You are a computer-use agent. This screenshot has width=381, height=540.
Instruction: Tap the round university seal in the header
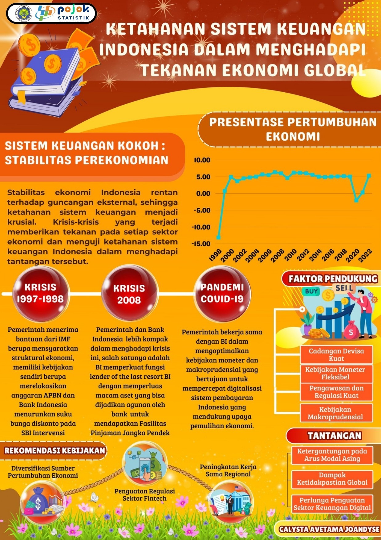coord(24,14)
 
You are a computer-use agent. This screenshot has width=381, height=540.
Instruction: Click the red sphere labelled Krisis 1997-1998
coord(40,293)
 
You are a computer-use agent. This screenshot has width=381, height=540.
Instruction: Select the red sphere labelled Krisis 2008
coord(129,294)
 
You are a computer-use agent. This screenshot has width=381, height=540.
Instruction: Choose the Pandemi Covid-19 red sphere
coord(222,293)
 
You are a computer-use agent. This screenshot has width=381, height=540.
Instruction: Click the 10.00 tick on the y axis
coord(202,160)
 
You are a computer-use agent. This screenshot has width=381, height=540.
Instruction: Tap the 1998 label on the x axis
coord(215,255)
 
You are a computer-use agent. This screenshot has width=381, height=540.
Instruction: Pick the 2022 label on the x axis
coord(365,256)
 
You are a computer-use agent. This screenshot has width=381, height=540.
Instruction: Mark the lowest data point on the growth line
coord(218,237)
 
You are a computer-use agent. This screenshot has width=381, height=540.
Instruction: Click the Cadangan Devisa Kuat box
coord(336,355)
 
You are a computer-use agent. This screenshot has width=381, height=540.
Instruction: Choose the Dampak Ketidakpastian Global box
coord(332,479)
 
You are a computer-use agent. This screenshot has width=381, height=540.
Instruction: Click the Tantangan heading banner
coord(334,436)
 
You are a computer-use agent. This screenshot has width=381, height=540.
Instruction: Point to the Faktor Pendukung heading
coord(333,279)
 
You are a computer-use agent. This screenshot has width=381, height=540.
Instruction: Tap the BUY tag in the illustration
coord(311,291)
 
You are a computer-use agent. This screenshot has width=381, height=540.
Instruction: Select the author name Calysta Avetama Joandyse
coord(329,529)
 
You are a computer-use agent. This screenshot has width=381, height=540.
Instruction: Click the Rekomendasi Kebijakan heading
coord(55,450)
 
